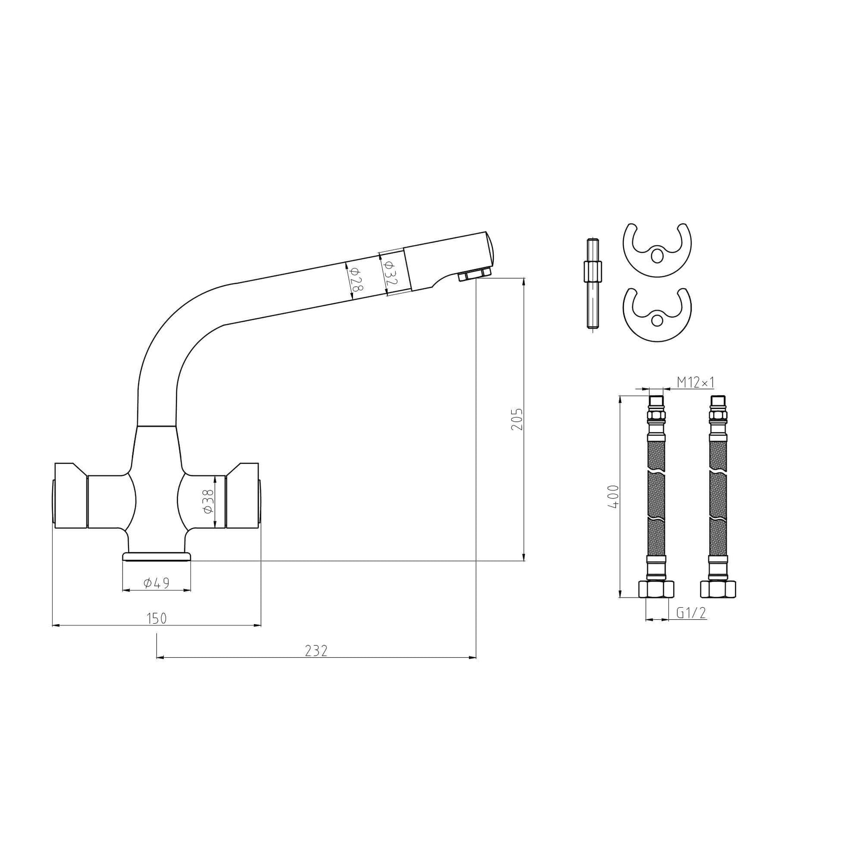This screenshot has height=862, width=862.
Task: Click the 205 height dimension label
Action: click(x=516, y=419)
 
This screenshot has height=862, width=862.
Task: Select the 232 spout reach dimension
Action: click(x=316, y=651)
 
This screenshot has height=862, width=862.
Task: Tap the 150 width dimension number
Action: click(x=157, y=618)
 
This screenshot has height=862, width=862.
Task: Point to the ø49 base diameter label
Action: click(x=157, y=583)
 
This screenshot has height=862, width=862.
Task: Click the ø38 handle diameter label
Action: click(x=208, y=502)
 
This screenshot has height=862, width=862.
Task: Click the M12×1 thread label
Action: click(x=695, y=382)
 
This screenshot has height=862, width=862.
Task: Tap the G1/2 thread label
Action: click(x=691, y=613)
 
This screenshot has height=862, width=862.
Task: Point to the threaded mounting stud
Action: click(x=593, y=284)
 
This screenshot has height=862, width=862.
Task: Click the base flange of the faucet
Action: click(x=157, y=556)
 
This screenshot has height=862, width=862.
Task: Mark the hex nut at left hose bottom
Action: click(x=656, y=590)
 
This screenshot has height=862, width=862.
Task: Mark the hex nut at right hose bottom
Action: click(x=718, y=590)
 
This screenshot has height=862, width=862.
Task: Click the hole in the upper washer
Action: click(x=657, y=256)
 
